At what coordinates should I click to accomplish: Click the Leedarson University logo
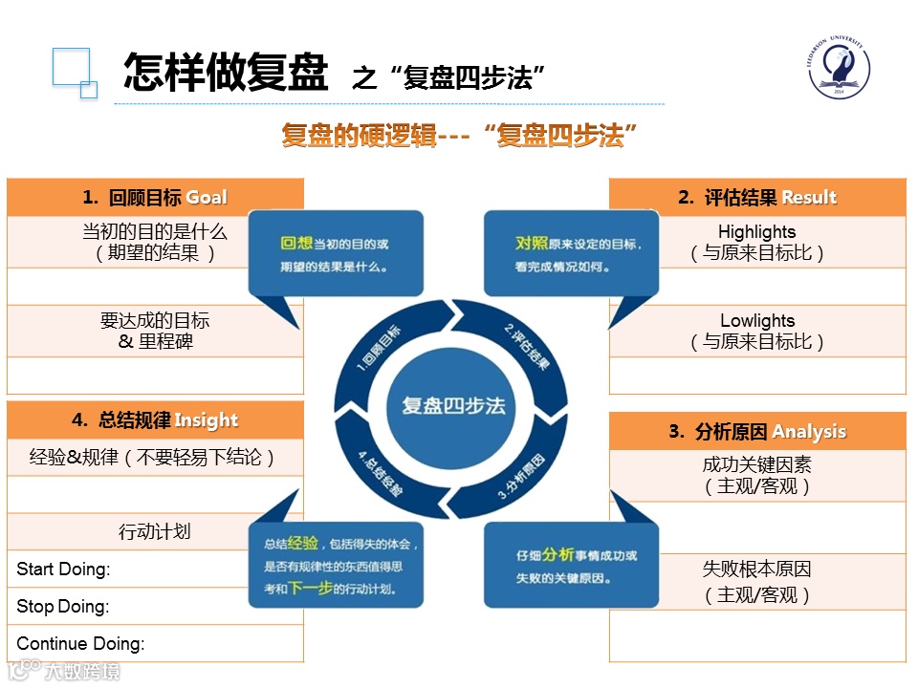[x=839, y=71]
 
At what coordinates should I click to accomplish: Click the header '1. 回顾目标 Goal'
[x=155, y=198]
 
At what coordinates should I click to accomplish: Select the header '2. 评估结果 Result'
[x=757, y=198]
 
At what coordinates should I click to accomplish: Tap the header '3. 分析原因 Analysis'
[x=757, y=432]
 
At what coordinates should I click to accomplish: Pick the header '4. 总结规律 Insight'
[x=155, y=420]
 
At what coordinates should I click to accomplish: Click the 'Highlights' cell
[x=757, y=242]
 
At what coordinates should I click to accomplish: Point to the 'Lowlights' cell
[x=757, y=331]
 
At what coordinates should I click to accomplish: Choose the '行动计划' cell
[x=155, y=532]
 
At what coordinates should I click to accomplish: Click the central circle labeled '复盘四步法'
[x=453, y=405]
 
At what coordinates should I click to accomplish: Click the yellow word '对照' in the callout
[x=532, y=244]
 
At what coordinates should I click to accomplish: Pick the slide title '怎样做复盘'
[x=226, y=73]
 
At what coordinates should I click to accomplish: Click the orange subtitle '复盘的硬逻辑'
[x=358, y=135]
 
